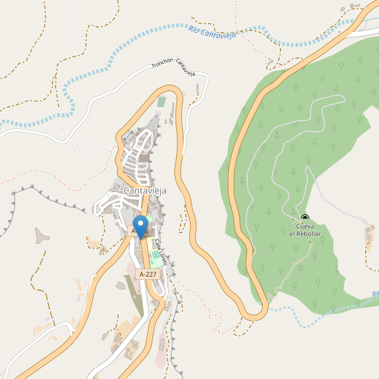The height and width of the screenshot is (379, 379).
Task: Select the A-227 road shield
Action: pos(148,274)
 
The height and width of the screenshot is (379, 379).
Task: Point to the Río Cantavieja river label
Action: pos(212,32)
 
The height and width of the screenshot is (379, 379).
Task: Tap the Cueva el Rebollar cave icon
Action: pos(305,218)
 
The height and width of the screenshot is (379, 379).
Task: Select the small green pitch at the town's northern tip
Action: pos(162,101)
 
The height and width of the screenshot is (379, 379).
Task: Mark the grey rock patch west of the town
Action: pos(42,238)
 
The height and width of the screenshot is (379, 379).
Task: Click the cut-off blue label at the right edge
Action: pos(375,293)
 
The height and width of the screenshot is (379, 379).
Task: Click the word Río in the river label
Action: pos(193,28)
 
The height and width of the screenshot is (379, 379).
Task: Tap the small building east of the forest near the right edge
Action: pos(369,236)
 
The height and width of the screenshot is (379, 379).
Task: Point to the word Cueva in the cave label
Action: pos(305,226)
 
